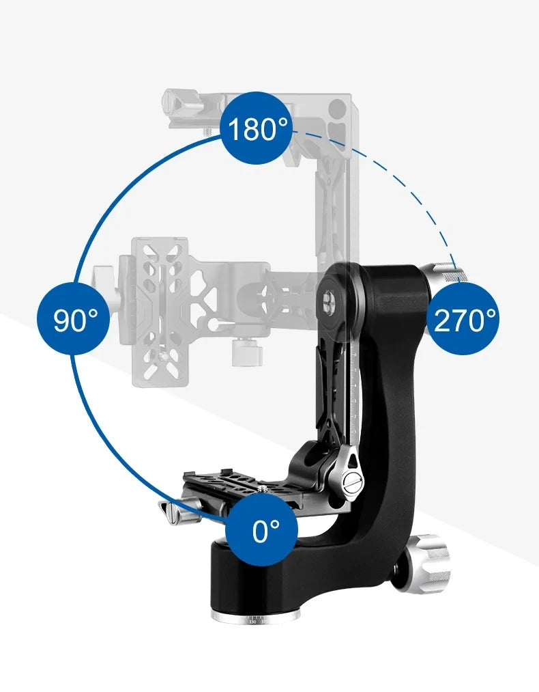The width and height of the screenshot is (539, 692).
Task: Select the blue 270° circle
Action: (x=465, y=319)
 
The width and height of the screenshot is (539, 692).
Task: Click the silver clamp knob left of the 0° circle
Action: (x=176, y=510)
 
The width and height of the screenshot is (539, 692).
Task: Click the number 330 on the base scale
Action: (x=252, y=622)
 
